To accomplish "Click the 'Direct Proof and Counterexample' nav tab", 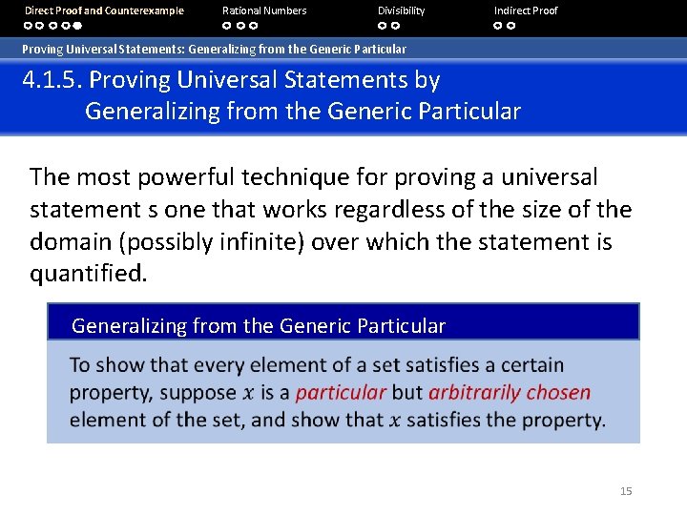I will coord(104,10).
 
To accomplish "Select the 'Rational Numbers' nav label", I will coord(264,10).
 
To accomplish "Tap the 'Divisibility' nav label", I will coord(401,10).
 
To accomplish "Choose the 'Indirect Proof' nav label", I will coord(526,10).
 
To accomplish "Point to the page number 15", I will coord(626,491).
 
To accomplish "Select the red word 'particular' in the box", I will coord(341,393).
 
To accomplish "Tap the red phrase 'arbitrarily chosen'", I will coord(510,393).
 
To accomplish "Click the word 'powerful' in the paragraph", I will coord(185,177).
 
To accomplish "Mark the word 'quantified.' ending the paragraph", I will coord(89,275).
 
